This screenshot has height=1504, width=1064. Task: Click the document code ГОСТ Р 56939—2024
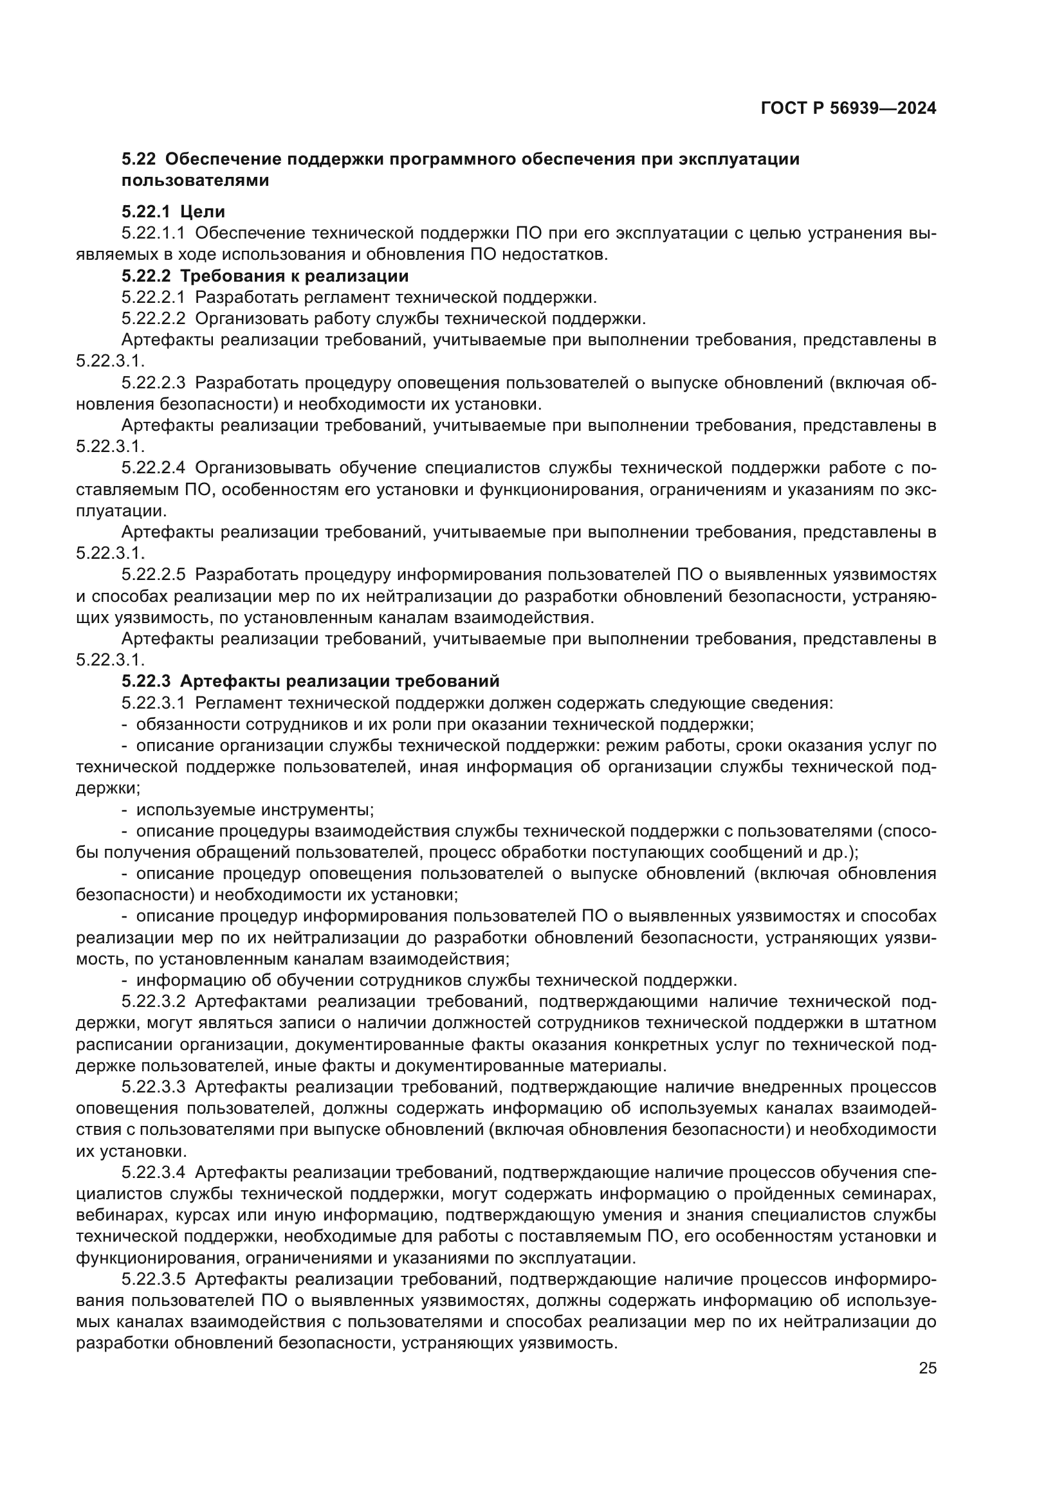pos(848,109)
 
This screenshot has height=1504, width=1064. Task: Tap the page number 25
pos(927,1368)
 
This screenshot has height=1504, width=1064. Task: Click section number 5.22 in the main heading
pos(138,159)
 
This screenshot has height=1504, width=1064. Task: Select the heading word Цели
pos(203,212)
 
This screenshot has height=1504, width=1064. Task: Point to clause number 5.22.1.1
pos(153,233)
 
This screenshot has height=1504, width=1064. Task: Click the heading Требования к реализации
pos(294,276)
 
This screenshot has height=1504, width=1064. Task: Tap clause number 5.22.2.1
pos(153,298)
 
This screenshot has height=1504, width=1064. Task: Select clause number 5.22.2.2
pos(153,318)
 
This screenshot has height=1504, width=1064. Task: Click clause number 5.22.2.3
pos(153,383)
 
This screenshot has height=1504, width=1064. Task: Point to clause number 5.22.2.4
pos(153,467)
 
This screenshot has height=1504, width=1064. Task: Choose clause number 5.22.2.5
pos(153,574)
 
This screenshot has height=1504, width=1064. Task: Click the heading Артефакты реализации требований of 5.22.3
pos(340,681)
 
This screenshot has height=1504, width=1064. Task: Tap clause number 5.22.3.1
pos(153,703)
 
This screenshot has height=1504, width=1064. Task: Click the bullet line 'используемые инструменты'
pos(255,810)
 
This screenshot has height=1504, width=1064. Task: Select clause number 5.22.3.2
pos(153,1002)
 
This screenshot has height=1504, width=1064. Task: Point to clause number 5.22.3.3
pos(153,1087)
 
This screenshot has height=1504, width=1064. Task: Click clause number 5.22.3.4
pos(153,1172)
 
